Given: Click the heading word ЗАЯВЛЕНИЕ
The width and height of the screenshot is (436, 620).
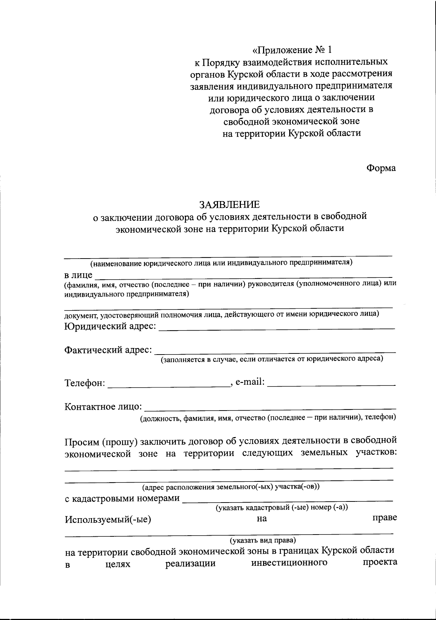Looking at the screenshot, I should [229, 204].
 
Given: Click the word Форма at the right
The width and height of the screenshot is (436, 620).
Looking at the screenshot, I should [381, 168].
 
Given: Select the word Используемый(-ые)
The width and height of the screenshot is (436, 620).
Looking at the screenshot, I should [108, 519].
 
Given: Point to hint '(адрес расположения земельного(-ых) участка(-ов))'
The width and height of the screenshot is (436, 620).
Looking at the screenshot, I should [231, 487].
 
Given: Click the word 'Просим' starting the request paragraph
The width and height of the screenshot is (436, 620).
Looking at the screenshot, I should [82, 441].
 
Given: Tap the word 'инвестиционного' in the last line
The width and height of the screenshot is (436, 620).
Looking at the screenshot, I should [289, 563].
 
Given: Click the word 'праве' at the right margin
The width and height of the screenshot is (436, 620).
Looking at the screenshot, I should [384, 517].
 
